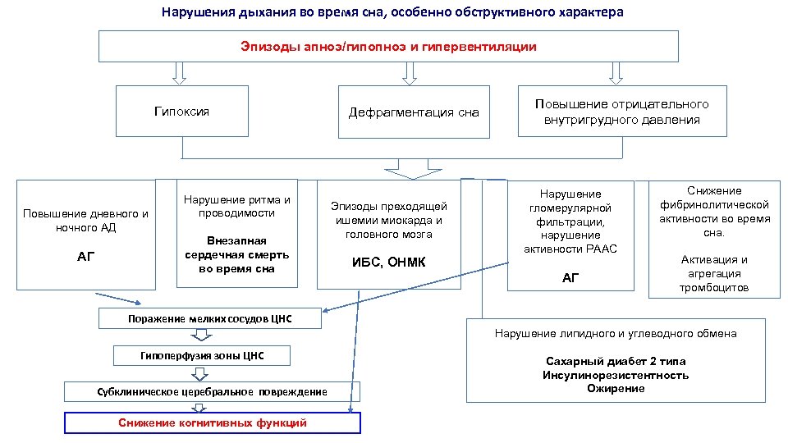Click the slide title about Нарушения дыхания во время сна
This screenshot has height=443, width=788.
392,12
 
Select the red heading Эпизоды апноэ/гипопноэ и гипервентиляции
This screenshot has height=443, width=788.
388,47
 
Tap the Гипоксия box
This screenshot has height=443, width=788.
181,112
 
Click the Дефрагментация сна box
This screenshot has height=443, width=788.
414,112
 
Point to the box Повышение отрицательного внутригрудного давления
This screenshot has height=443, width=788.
621,112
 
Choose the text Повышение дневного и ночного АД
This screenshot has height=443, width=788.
86,221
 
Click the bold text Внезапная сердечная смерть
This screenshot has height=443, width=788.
236,255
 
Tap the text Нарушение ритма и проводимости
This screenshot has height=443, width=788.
236,206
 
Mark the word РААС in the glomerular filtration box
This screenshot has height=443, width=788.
600,249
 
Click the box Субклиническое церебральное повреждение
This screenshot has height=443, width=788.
211,391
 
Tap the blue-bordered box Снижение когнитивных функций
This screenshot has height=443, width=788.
212,422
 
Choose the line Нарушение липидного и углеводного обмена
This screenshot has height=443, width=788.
615,333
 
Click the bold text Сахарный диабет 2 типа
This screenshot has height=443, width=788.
615,361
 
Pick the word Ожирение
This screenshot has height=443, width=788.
615,388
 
